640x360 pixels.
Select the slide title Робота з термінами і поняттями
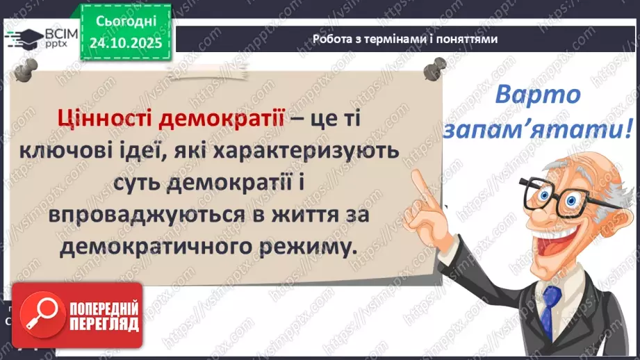[405, 40]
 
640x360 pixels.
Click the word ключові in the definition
[89, 149]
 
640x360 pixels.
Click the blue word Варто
[537, 95]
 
